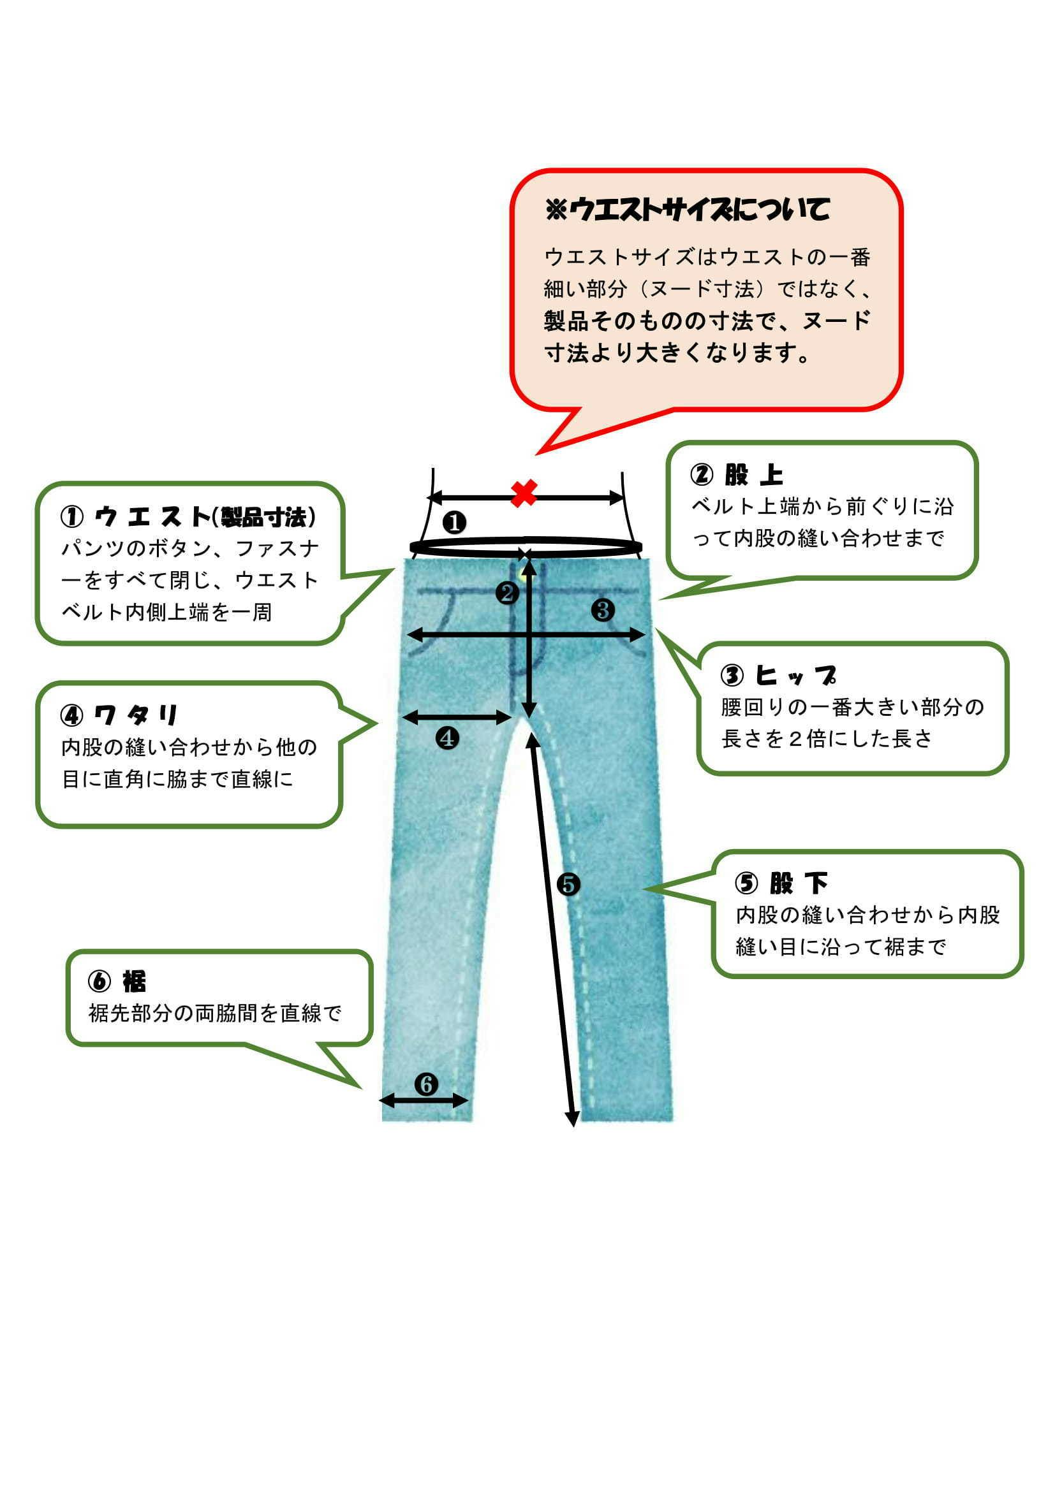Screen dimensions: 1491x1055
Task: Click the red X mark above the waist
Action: tap(524, 493)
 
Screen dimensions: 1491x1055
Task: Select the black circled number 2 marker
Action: tap(507, 592)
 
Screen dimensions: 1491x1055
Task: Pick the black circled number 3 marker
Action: tap(603, 610)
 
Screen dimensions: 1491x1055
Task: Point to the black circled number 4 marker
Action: tap(447, 738)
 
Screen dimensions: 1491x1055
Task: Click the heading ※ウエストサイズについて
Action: tap(688, 210)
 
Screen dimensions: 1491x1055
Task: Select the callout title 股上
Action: tap(753, 476)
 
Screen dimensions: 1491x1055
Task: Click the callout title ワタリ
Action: tap(136, 716)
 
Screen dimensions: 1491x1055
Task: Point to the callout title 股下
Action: tap(799, 883)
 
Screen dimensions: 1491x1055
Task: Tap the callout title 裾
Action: tap(135, 982)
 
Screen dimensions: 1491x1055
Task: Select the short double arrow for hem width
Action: tap(424, 1100)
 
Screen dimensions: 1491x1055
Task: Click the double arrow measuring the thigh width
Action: tap(457, 718)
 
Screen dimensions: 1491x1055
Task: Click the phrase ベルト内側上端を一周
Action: tap(166, 612)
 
